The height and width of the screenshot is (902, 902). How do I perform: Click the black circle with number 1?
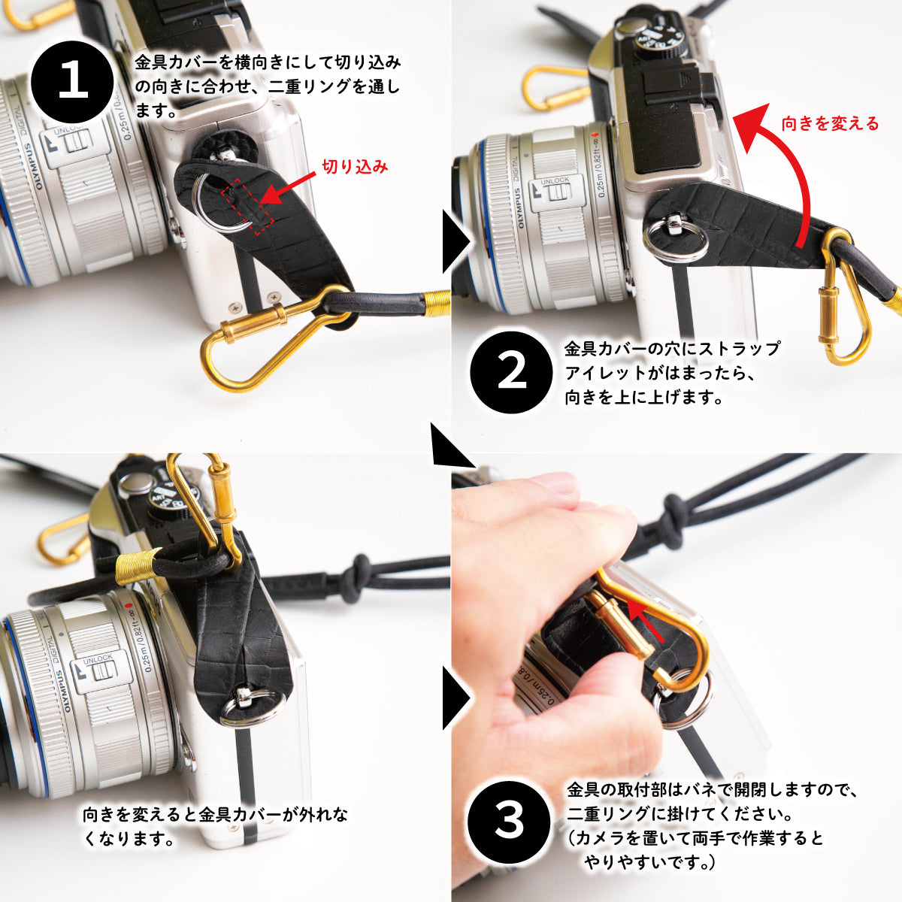click(x=73, y=80)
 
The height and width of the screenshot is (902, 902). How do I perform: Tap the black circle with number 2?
click(x=512, y=373)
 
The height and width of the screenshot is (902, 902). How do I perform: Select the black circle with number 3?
click(x=509, y=821)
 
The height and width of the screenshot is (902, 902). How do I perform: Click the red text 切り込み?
click(x=355, y=167)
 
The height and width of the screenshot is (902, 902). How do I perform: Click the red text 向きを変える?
click(x=830, y=123)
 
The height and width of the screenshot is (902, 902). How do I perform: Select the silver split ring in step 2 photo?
click(x=675, y=239)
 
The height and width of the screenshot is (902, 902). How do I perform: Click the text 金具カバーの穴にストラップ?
click(x=672, y=349)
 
